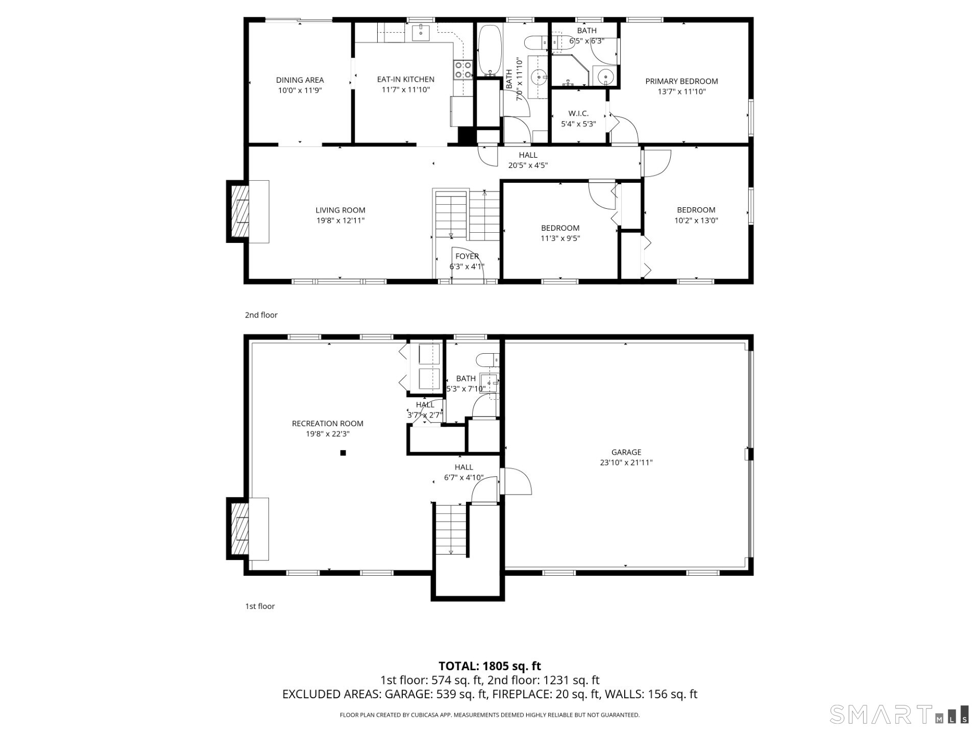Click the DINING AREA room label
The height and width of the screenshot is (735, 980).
300,80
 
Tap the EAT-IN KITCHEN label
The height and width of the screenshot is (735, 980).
405,80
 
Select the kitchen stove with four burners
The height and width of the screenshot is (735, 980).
463,70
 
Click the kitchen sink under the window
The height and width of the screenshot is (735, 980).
421,33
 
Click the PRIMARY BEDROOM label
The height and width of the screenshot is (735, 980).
681,81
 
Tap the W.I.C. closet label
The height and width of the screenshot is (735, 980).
578,113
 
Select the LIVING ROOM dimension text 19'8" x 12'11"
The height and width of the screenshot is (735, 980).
340,221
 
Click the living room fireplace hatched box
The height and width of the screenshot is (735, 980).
240,211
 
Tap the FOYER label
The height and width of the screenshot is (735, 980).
467,256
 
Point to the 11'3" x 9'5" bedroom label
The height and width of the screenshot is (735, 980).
560,233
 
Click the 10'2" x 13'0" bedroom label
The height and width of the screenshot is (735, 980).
696,215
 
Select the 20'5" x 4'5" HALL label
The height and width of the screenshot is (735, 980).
528,160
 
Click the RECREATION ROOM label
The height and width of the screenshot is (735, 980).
327,424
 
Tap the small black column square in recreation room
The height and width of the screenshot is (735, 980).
343,453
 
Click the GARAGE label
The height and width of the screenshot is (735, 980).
626,452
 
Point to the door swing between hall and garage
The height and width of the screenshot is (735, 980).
517,481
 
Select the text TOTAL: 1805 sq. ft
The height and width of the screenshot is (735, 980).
489,666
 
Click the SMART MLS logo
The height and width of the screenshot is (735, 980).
898,714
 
